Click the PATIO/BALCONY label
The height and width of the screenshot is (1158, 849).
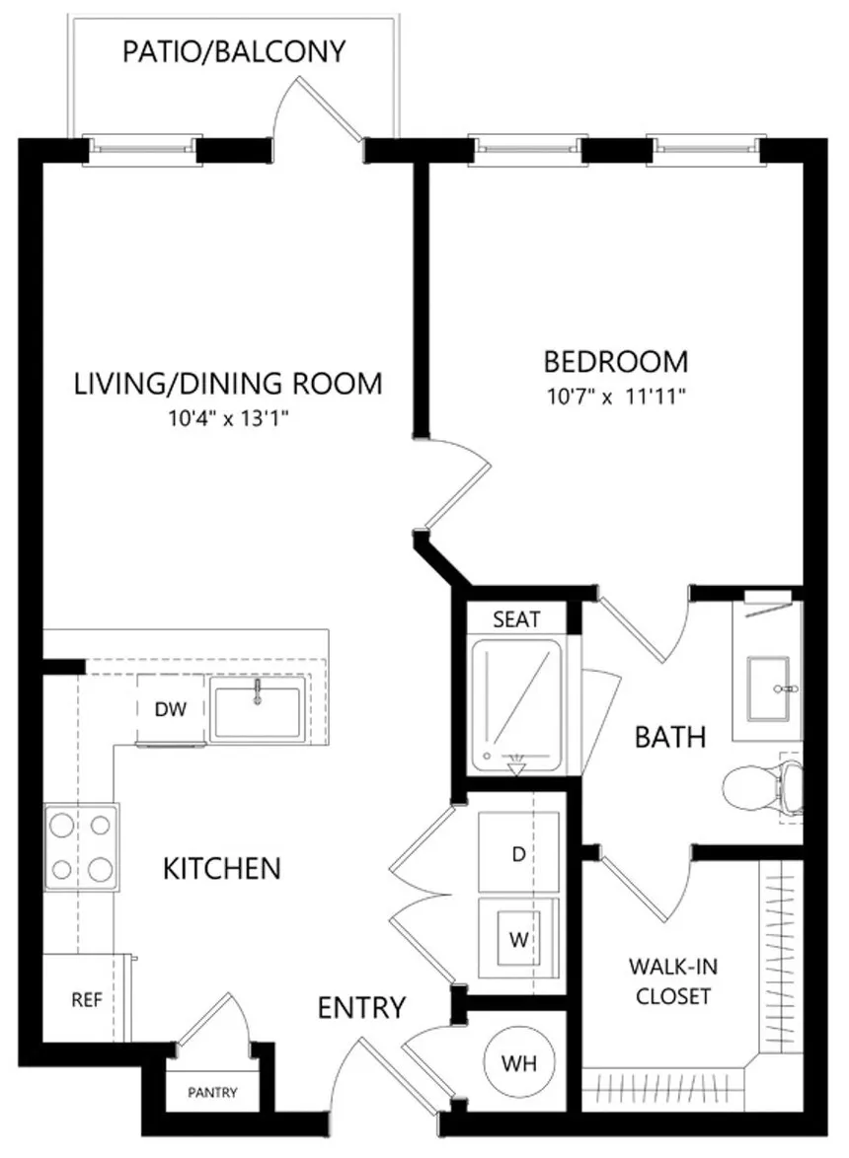[234, 51]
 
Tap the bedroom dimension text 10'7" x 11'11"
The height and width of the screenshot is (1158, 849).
[616, 397]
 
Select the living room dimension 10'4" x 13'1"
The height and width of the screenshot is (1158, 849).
[228, 419]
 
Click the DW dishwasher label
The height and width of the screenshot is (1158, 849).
[171, 710]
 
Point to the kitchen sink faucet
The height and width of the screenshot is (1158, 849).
[258, 692]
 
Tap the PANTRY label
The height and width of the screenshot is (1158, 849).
[213, 1092]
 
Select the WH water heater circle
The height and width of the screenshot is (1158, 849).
[518, 1063]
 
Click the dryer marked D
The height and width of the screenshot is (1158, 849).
[518, 852]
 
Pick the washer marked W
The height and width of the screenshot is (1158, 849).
[518, 938]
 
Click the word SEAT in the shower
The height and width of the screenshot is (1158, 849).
[516, 618]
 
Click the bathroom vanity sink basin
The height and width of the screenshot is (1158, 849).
[768, 688]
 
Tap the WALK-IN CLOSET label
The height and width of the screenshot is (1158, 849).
[673, 981]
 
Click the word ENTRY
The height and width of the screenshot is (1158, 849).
[362, 1007]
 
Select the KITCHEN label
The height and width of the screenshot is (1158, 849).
[222, 868]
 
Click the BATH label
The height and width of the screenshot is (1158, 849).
[670, 737]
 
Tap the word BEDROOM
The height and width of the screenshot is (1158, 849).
[616, 362]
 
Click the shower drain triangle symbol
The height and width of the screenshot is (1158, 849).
[516, 768]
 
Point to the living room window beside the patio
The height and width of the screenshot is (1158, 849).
[142, 150]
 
